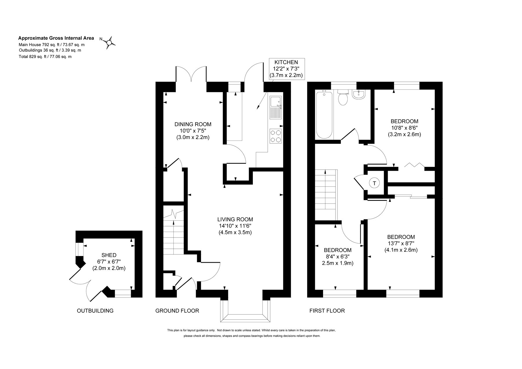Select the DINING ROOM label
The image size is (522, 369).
[x=193, y=124]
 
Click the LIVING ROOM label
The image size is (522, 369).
[x=235, y=219]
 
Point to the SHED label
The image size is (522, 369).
[x=109, y=255]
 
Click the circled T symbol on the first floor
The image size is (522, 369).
[x=374, y=183]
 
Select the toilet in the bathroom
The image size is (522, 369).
[x=343, y=97]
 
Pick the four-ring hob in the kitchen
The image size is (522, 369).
[x=275, y=136]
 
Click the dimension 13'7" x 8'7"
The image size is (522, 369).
[x=401, y=243]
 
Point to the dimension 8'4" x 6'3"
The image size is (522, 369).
[x=338, y=257]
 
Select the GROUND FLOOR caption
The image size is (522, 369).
[x=177, y=311]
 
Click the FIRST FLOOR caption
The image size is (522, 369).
[x=327, y=311]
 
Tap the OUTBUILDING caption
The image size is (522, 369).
[x=95, y=311]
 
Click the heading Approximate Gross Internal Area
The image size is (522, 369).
[x=56, y=38]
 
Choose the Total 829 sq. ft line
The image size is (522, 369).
[x=45, y=57]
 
